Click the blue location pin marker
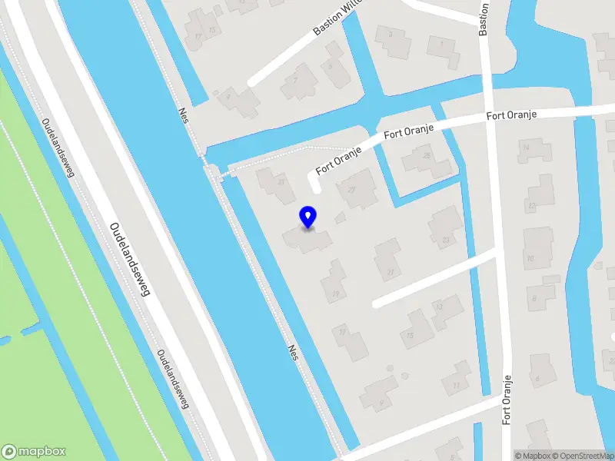[x=308, y=217]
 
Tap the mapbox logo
[x=34, y=452]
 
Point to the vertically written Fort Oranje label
[x=507, y=400]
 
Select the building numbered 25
[x=427, y=159]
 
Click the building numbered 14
[x=530, y=149]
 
